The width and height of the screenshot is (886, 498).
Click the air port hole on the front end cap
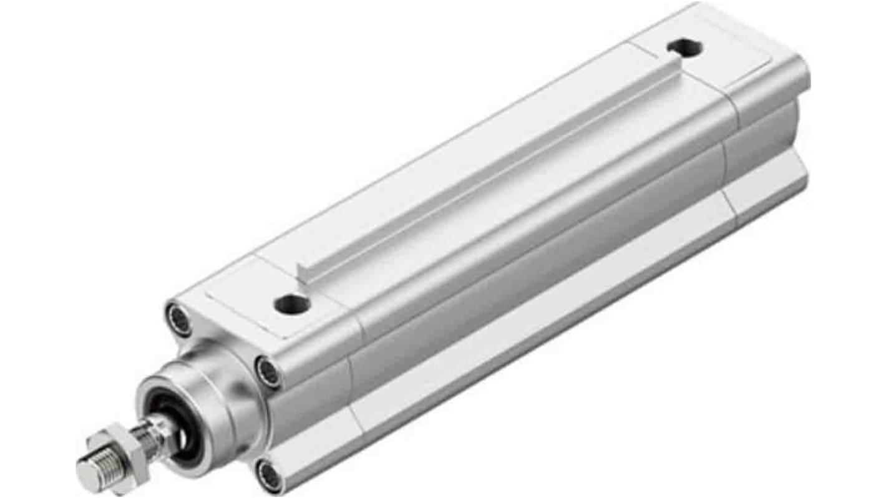pos(291,305)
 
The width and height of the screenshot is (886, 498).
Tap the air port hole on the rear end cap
pos(684,47)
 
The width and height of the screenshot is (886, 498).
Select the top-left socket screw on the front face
pos(180,319)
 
